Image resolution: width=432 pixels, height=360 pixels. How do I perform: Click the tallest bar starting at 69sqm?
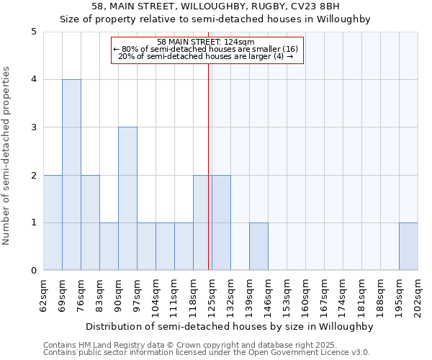tap(71, 175)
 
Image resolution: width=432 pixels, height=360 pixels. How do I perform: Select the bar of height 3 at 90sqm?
tap(127, 199)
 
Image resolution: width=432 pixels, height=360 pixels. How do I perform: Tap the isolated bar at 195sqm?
tap(408, 246)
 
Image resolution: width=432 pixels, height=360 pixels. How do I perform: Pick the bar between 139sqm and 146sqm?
tap(258, 246)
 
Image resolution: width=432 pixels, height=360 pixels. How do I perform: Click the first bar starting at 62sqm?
tap(53, 222)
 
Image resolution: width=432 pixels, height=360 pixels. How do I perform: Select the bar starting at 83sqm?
tap(109, 246)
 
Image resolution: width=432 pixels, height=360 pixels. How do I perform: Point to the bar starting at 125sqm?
tap(221, 222)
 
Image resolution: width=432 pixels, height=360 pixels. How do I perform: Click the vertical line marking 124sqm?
tap(208, 166)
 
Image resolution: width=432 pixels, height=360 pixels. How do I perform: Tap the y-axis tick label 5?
tap(34, 32)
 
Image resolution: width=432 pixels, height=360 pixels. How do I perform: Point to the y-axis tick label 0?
tap(34, 271)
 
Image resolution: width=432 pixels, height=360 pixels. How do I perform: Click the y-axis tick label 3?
tap(34, 127)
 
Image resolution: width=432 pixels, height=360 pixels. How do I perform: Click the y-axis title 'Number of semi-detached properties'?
tap(7, 156)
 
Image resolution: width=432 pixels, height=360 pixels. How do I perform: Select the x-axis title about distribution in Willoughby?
tap(230, 326)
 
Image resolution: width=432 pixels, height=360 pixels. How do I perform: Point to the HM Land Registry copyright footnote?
tap(169, 345)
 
